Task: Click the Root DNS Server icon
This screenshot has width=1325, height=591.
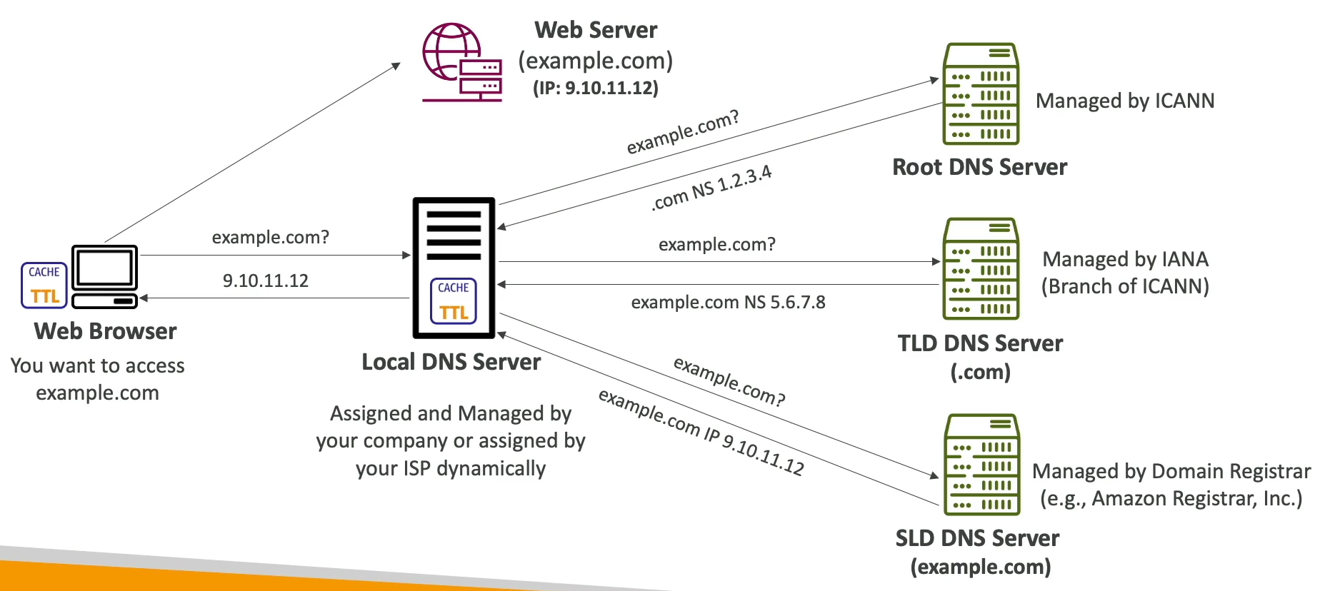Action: [x=981, y=94]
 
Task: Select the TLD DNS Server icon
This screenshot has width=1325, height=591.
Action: [x=981, y=268]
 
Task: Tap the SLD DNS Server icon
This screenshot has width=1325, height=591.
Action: [x=981, y=464]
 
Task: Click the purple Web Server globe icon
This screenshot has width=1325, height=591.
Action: [x=461, y=62]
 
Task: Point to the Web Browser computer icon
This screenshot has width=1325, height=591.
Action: [x=104, y=276]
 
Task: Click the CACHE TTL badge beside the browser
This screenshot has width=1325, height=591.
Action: [x=44, y=286]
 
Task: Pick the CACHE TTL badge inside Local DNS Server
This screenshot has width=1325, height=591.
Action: [x=454, y=301]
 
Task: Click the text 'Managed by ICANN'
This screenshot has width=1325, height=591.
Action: [x=1124, y=101]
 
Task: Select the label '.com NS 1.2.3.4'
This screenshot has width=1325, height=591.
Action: [x=711, y=188]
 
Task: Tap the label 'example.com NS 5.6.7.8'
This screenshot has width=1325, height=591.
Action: [x=728, y=303]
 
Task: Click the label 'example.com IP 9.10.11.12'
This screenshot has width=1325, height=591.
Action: [x=701, y=432]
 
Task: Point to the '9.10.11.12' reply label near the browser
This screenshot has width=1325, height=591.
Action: [x=265, y=281]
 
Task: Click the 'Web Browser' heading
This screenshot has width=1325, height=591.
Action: [x=105, y=331]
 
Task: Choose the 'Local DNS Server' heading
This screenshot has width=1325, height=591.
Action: [x=451, y=362]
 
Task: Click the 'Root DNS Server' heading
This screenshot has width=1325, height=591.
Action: [x=979, y=167]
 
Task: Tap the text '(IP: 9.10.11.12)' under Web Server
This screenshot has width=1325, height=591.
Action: [x=595, y=88]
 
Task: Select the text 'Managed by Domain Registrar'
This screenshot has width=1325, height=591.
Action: [x=1171, y=471]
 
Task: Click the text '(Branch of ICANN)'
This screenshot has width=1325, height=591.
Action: [x=1125, y=286]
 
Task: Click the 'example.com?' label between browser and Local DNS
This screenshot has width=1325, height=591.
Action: [x=270, y=237]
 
